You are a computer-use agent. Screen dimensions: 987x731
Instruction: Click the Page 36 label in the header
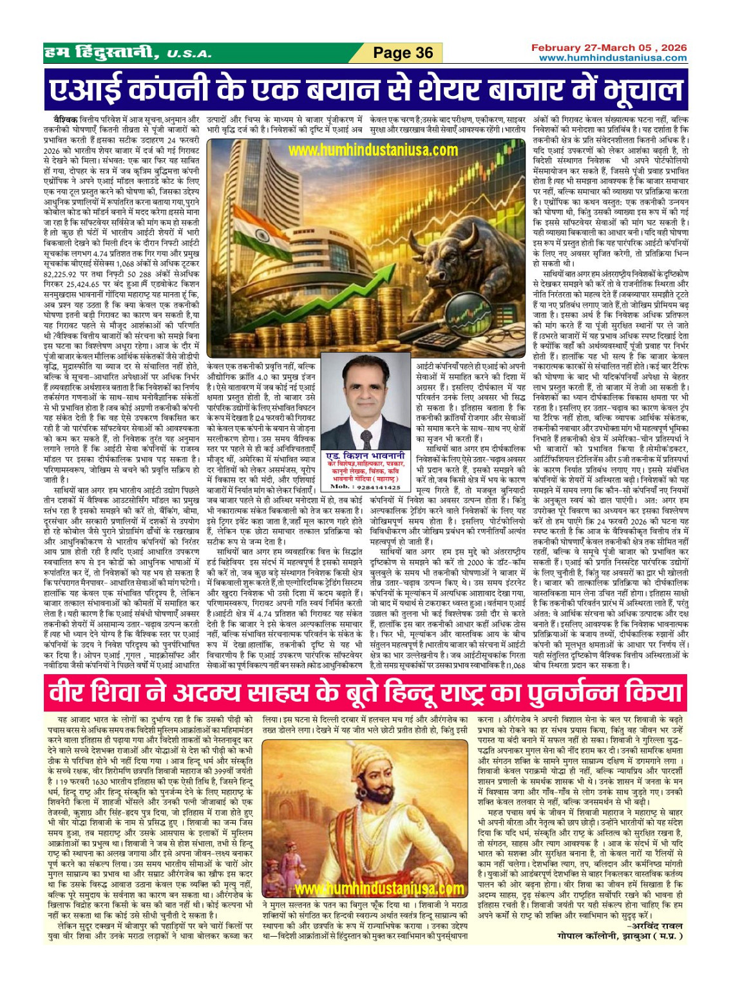tap(403, 53)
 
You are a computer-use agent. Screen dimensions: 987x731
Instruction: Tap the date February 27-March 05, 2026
tap(609, 48)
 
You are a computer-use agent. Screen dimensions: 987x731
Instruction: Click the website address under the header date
tap(612, 58)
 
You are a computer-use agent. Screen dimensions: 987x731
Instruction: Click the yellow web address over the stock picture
tap(373, 150)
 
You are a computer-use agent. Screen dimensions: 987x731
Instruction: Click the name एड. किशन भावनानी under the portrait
tap(366, 455)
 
